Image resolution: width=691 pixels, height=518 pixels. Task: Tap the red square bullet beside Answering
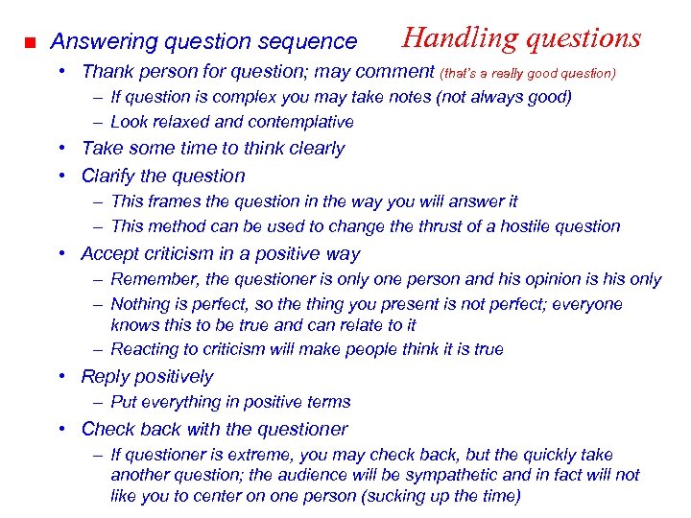30,43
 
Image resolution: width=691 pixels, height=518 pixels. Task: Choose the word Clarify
109,176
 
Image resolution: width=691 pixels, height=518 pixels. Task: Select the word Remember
150,279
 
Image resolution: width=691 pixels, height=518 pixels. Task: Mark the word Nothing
142,304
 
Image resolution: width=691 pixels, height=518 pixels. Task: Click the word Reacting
146,349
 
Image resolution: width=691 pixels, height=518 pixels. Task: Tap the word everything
178,402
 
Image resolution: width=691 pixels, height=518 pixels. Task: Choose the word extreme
234,455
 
